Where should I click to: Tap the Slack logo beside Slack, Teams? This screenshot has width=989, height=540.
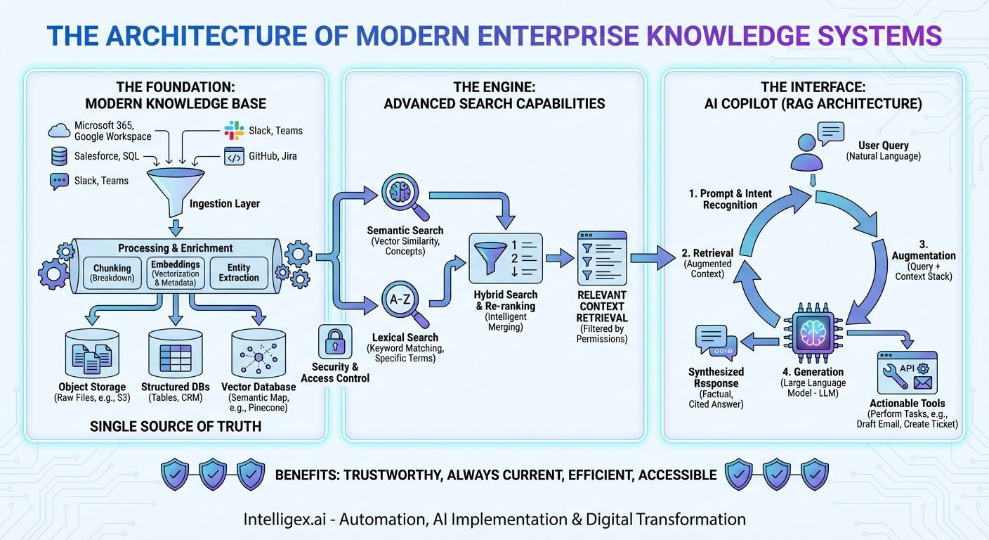(x=234, y=130)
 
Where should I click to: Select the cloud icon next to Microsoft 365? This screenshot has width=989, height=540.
(x=60, y=130)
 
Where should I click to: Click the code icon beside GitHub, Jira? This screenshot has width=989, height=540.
(x=234, y=156)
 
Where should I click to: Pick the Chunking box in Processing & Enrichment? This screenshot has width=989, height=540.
(x=112, y=273)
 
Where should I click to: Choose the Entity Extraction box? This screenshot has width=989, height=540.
(x=239, y=273)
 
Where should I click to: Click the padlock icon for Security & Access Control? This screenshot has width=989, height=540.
(x=334, y=342)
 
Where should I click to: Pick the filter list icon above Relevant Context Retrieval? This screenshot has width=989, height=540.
(x=601, y=257)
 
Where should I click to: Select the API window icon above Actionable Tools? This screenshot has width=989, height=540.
(x=907, y=373)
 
